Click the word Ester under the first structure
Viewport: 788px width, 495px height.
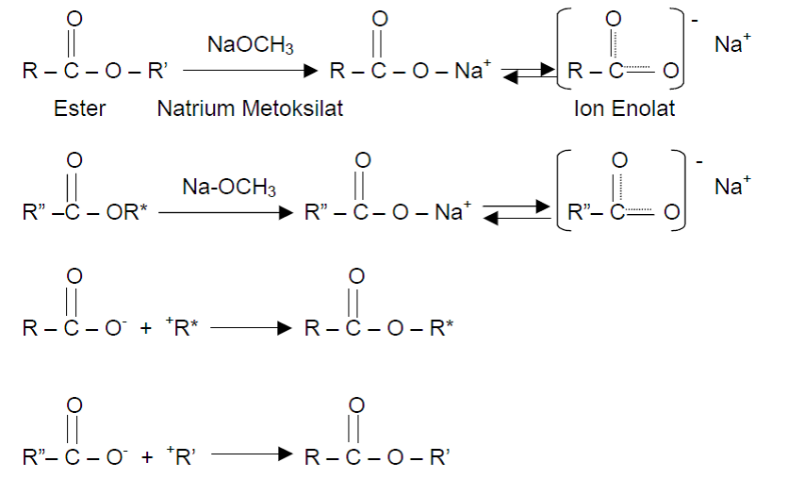80,108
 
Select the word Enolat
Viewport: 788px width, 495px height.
646,108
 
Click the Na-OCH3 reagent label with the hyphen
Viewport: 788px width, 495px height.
229,188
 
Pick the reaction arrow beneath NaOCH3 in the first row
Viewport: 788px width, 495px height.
251,71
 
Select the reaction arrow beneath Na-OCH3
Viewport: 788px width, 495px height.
225,214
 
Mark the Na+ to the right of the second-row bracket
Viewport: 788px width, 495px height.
733,186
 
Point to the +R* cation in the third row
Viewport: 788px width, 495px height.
183,329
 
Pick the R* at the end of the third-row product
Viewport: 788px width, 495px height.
443,329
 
